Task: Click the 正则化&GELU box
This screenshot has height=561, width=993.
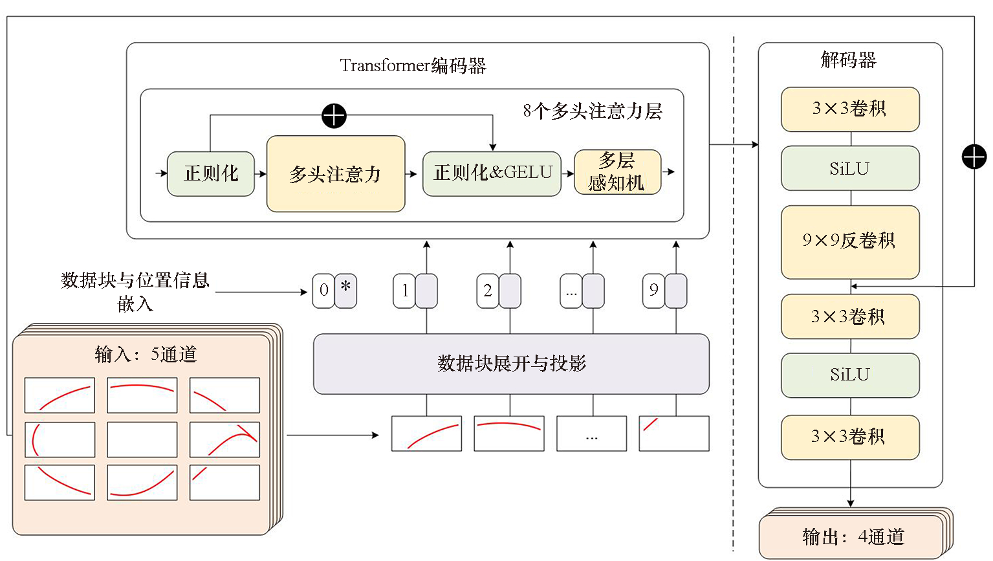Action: tap(492, 173)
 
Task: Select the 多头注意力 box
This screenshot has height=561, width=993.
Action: tap(336, 173)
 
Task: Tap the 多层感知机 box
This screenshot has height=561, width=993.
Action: tap(617, 172)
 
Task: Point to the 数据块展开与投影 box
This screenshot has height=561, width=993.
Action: tap(511, 364)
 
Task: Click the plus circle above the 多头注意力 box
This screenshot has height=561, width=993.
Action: tap(334, 116)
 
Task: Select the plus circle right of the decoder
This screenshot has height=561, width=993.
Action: tap(974, 157)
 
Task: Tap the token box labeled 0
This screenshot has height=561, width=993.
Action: tap(323, 291)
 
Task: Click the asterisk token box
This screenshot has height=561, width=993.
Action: tap(346, 291)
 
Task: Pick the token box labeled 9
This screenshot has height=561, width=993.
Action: tap(653, 291)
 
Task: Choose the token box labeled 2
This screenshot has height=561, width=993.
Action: tap(487, 291)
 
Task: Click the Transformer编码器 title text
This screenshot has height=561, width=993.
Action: tap(413, 66)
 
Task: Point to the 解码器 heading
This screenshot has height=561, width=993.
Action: tap(848, 60)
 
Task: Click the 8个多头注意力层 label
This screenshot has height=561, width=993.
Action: tap(592, 111)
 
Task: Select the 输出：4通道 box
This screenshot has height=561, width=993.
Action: tap(852, 536)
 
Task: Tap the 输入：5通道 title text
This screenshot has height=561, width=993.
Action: tap(146, 354)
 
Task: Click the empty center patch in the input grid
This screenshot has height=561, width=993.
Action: tap(142, 439)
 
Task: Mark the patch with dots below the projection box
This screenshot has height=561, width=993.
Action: tap(591, 434)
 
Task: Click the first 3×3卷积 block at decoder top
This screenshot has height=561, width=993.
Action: tap(849, 109)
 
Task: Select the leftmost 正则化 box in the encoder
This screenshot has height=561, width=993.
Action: tap(211, 173)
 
